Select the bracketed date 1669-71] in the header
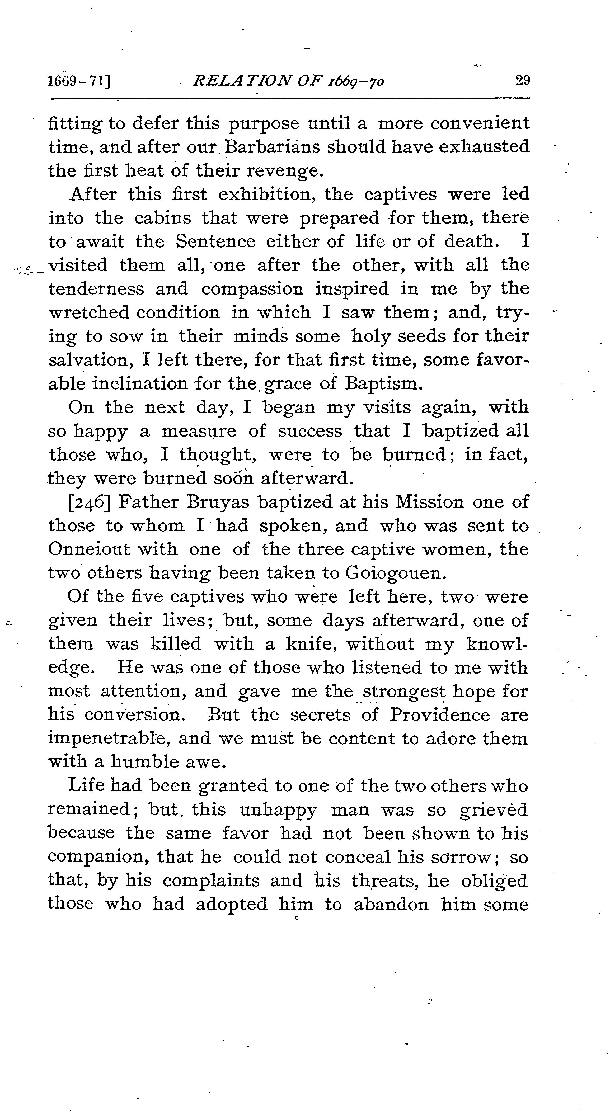click(80, 81)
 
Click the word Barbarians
click(272, 147)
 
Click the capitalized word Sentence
click(215, 241)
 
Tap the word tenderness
click(96, 289)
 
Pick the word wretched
click(89, 312)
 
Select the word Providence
click(439, 715)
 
